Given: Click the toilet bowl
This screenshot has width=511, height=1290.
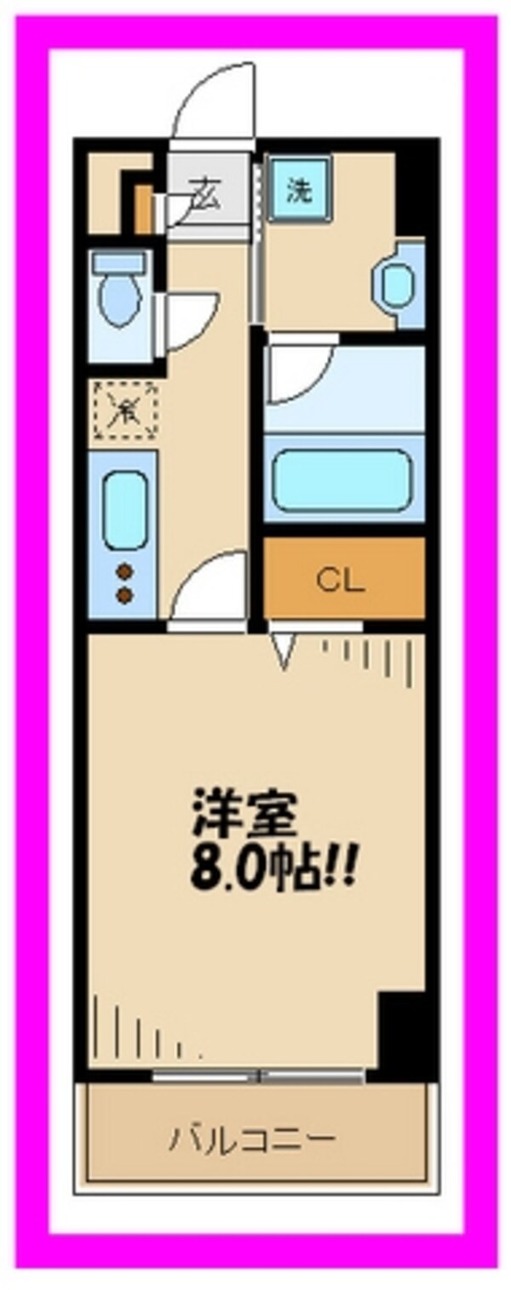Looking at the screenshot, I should (119, 302).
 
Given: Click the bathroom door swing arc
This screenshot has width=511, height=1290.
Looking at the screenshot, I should (298, 370).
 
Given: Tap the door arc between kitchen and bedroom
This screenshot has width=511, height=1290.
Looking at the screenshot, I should (209, 588).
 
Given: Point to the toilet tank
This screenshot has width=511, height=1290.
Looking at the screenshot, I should (120, 261).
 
